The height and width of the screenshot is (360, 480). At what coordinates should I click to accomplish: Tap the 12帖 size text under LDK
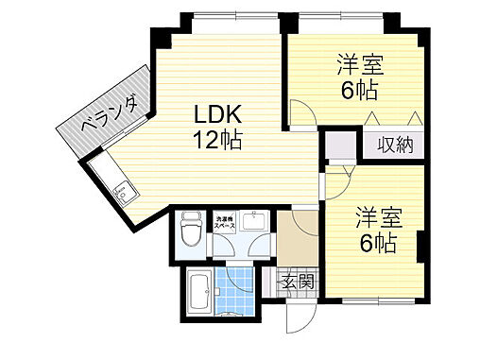[218, 140]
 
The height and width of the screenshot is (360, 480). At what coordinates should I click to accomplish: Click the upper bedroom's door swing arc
[303, 118]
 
